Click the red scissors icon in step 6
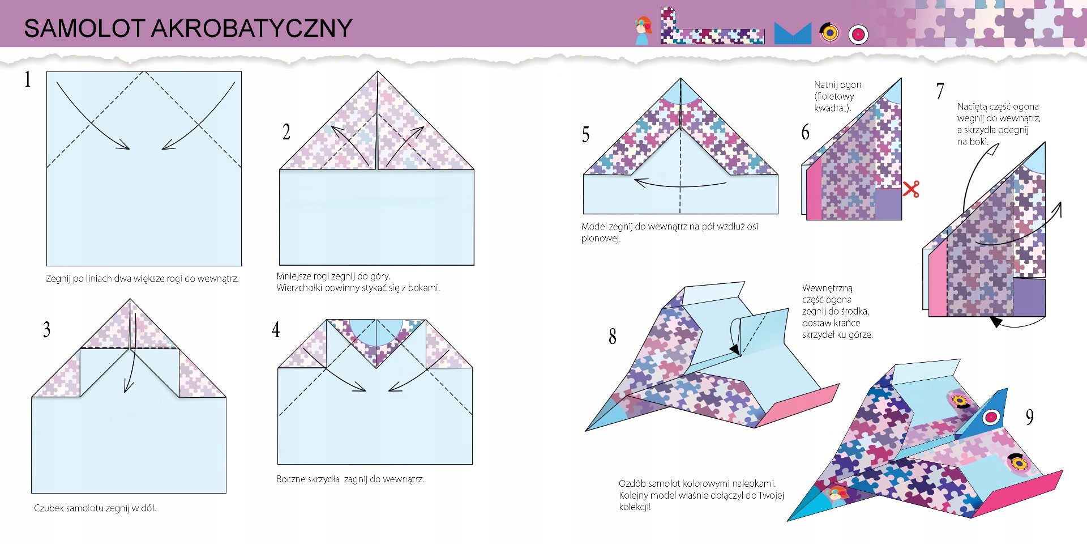click(x=911, y=189)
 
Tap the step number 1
click(x=27, y=79)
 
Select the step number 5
click(x=585, y=134)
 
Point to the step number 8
click(x=612, y=337)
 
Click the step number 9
click(x=1029, y=418)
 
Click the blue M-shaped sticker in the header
click(x=793, y=34)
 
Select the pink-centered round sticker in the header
click(x=858, y=35)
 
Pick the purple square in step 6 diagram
click(x=888, y=204)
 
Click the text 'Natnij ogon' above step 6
click(x=838, y=85)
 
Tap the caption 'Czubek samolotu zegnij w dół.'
click(x=95, y=508)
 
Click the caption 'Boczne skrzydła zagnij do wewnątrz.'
click(x=350, y=479)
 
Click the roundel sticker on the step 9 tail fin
click(x=991, y=418)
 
